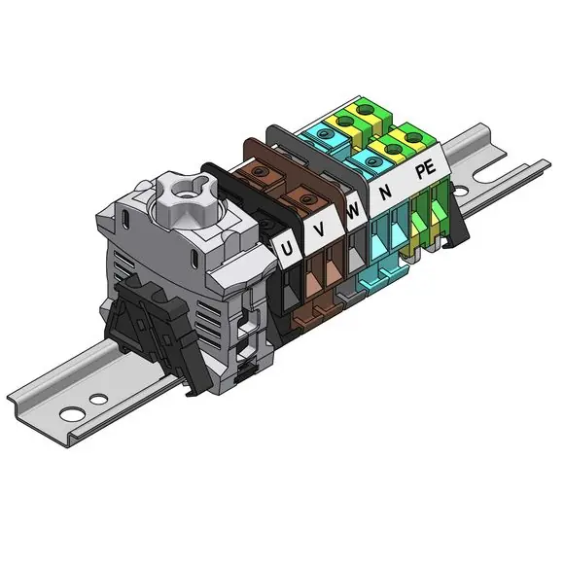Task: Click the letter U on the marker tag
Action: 287,249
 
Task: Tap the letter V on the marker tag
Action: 320,229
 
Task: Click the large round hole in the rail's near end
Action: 73,413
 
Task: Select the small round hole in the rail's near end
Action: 98,399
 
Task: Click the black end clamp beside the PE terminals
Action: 456,220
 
